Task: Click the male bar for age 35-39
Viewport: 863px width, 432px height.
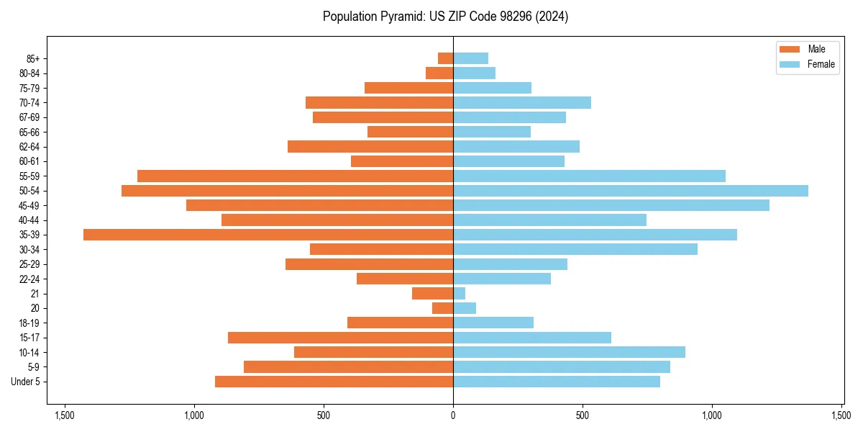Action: [x=268, y=235]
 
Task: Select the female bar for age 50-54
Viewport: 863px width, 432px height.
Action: [x=630, y=191]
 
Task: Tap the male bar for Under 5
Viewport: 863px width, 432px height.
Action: [x=334, y=382]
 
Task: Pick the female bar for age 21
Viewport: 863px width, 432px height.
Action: [x=459, y=294]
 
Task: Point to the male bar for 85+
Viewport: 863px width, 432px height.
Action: [x=445, y=58]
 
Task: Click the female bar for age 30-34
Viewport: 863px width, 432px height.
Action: [x=575, y=249]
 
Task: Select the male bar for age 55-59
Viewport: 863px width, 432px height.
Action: [x=295, y=176]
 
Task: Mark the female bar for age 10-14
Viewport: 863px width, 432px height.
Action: [x=569, y=352]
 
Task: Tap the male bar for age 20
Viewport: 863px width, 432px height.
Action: [x=442, y=308]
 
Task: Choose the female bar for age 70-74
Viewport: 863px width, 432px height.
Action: [x=521, y=102]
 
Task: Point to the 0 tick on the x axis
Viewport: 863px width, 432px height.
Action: [x=453, y=415]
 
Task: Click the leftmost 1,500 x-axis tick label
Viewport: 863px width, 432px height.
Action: [x=65, y=415]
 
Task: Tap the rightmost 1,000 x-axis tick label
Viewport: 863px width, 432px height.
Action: [x=712, y=415]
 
